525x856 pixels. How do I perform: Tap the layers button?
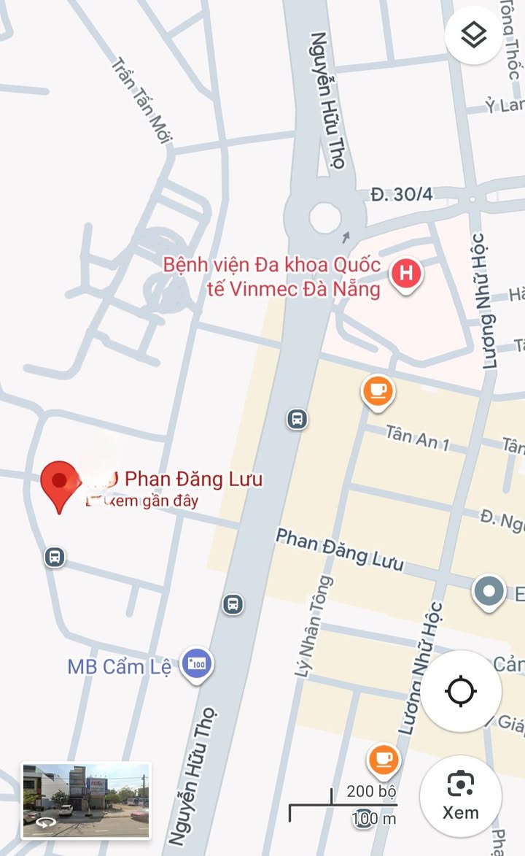(x=474, y=34)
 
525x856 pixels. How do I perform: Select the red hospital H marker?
(x=406, y=275)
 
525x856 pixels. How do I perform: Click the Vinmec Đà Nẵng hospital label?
(x=272, y=277)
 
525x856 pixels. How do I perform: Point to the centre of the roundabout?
(x=324, y=217)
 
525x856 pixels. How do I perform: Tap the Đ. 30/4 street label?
(x=401, y=194)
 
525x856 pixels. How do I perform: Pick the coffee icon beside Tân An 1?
(x=378, y=390)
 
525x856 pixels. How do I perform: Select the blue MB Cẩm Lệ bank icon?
(x=197, y=664)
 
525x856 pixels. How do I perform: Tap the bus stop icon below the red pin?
(x=54, y=558)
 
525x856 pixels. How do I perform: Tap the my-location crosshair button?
(x=461, y=690)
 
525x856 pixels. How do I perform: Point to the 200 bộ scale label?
(x=371, y=791)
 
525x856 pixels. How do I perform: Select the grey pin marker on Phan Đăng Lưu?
(x=489, y=592)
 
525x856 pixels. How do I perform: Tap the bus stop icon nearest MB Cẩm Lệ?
(x=233, y=604)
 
